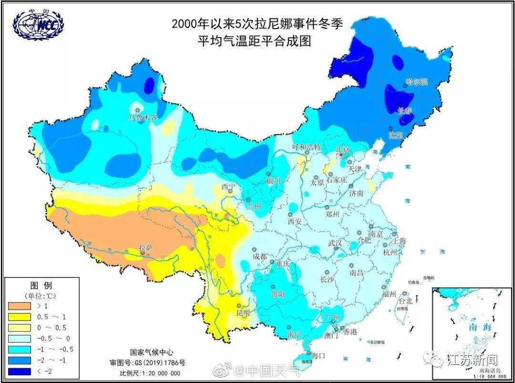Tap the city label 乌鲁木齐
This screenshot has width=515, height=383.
143,117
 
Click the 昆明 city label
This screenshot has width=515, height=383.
243,313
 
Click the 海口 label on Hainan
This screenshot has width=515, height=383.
318,355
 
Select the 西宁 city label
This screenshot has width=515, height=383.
228,186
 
